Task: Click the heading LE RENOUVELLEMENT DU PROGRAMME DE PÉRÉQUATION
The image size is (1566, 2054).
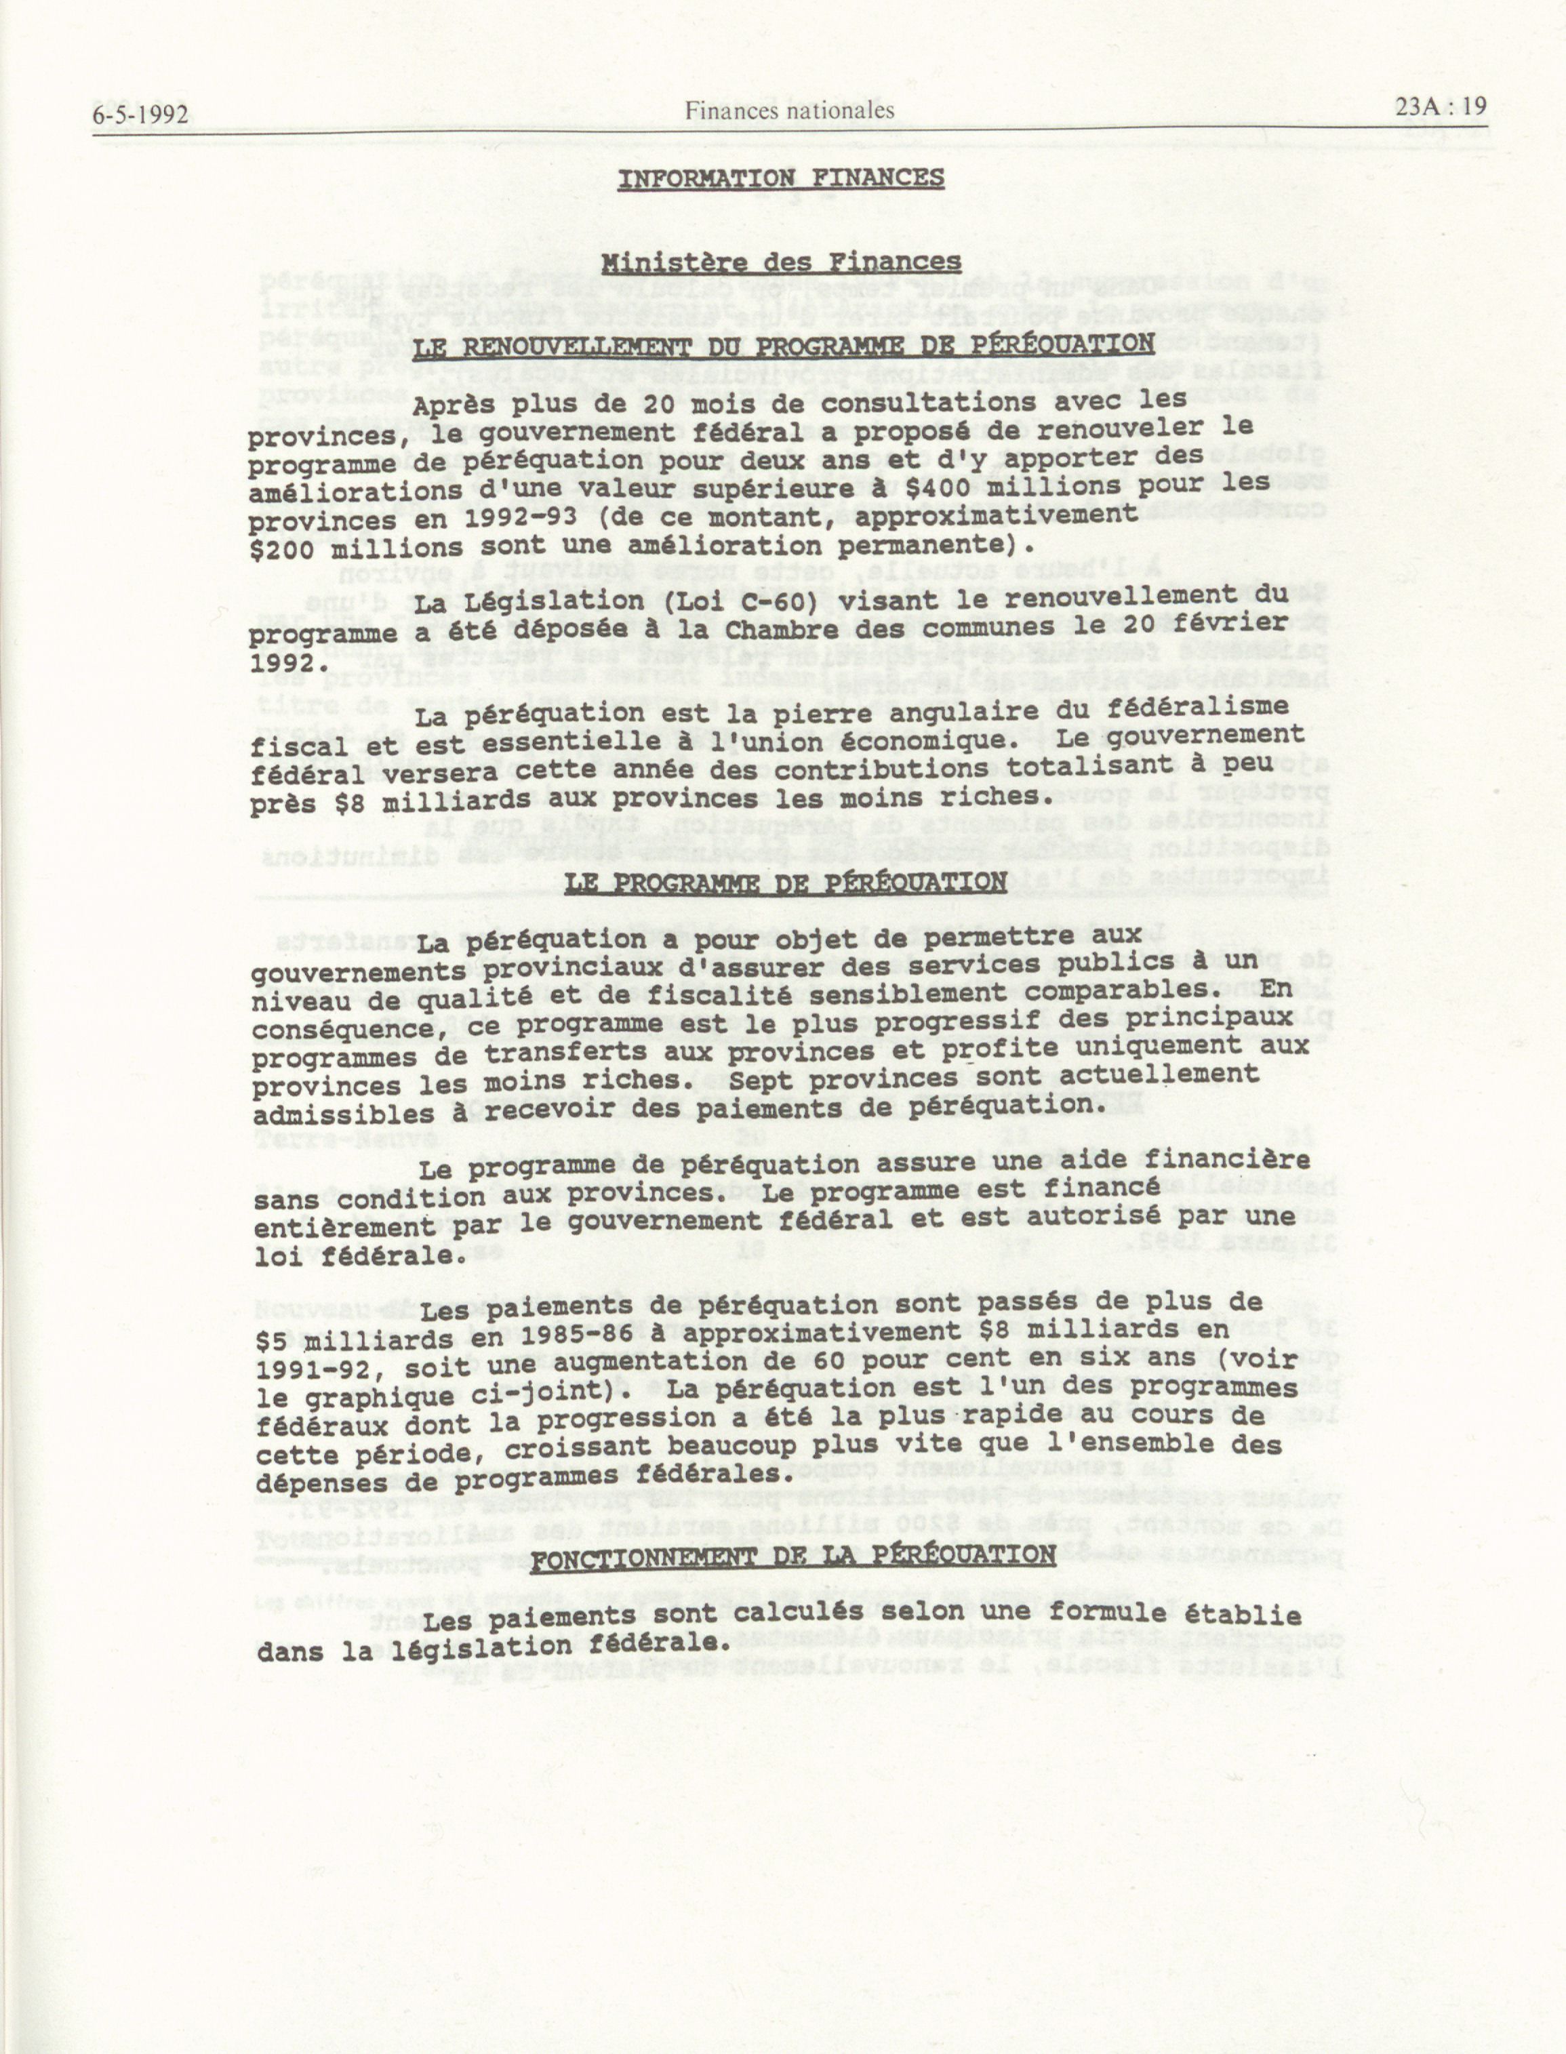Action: point(783,346)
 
